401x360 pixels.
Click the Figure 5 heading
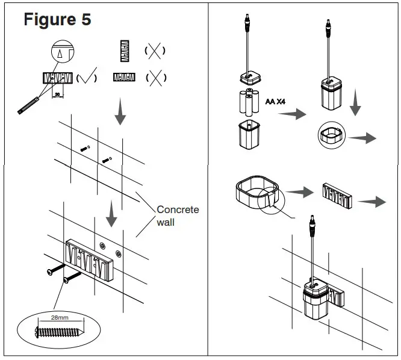(58, 19)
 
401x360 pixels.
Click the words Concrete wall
(177, 216)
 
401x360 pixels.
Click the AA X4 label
(277, 101)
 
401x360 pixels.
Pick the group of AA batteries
(248, 102)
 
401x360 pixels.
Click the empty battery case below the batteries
(248, 134)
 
